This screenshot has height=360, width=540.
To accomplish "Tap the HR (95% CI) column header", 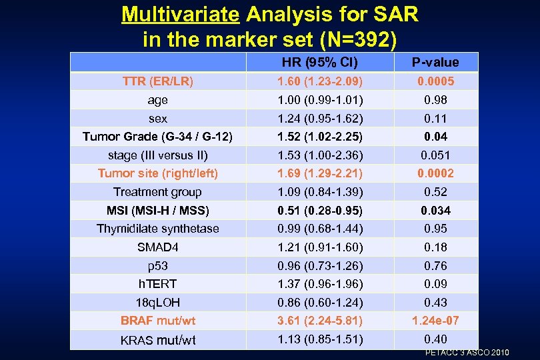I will (x=319, y=63).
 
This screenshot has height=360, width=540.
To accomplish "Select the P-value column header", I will (x=435, y=63).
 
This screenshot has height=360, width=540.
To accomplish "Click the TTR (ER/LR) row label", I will (x=158, y=81).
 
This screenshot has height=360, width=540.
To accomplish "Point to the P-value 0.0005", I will (x=435, y=81).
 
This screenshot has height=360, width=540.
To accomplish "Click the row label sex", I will (x=158, y=119).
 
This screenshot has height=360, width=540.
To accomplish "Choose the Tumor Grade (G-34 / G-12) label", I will (x=158, y=137).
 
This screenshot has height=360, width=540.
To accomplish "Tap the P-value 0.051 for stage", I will (x=435, y=155).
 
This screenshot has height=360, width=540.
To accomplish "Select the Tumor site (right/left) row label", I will (x=158, y=173).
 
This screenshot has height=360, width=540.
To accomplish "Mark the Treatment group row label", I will (x=158, y=192).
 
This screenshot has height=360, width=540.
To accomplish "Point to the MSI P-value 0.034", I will (x=435, y=211).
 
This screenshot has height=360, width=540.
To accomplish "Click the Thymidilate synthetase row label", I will (x=158, y=229).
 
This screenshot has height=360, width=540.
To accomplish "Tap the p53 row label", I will (x=158, y=265).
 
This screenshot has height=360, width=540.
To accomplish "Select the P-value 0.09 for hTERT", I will (x=435, y=283).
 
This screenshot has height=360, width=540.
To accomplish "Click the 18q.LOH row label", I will (x=158, y=302).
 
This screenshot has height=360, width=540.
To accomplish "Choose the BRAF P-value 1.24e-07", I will (x=435, y=321).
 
